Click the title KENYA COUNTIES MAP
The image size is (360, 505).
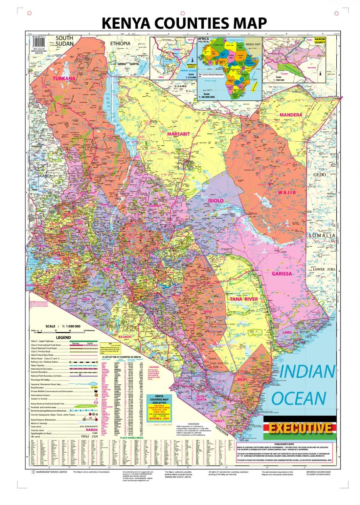click(x=184, y=23)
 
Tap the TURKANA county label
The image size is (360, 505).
click(x=64, y=79)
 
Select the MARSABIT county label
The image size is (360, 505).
click(x=178, y=134)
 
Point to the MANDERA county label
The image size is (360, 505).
click(x=291, y=115)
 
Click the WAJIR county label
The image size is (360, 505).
click(x=287, y=192)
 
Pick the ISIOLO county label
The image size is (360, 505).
click(x=215, y=201)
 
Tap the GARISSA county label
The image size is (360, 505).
click(x=281, y=274)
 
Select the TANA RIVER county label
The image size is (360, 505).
click(x=244, y=299)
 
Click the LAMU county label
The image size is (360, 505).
click(x=287, y=332)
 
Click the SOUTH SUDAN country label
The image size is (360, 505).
click(x=64, y=41)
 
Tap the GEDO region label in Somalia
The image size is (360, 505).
click(x=319, y=175)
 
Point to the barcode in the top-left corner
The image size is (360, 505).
click(x=39, y=42)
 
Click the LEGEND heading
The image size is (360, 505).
click(x=63, y=337)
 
